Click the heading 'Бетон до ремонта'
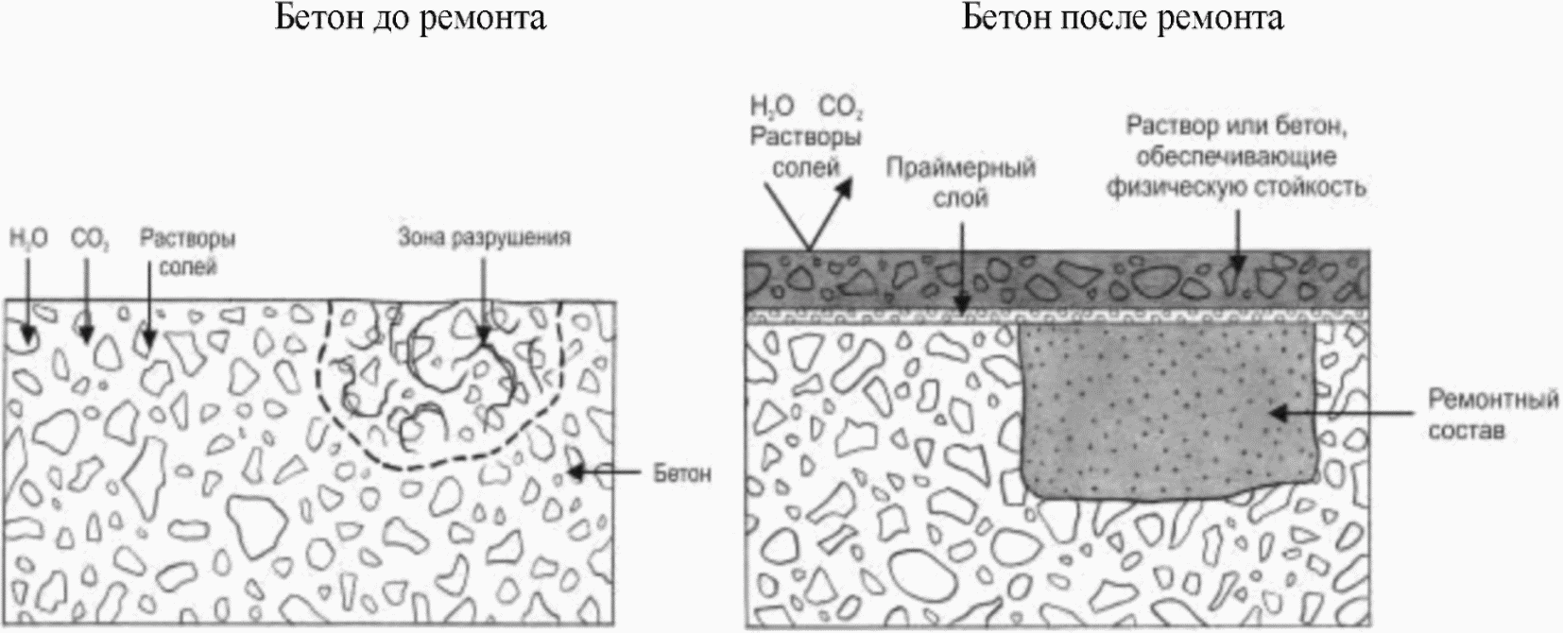pos(410,18)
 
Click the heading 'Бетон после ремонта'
pos(1123,18)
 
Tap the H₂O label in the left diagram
pos(28,239)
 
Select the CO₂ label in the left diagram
pos(90,239)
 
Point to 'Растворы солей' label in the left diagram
pos(188,252)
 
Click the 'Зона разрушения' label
pos(484,237)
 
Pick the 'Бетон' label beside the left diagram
pos(682,472)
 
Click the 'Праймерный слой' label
pos(961,182)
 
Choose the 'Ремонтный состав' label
pos(1492,415)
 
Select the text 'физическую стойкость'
pos(1236,188)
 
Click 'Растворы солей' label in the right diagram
pos(806,152)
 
